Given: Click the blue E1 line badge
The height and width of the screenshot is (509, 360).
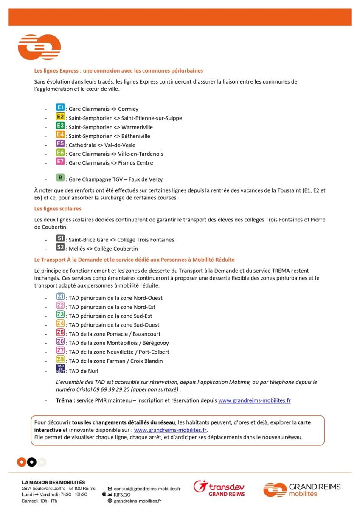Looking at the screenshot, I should [60, 108].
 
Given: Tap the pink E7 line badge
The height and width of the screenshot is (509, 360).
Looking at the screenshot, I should [60, 162].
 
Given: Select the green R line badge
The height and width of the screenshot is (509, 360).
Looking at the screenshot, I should [60, 178].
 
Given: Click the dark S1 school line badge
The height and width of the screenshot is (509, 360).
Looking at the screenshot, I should [60, 238].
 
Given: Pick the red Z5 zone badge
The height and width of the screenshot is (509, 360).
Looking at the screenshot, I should [60, 333].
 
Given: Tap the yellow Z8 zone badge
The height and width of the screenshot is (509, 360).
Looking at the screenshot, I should [60, 360].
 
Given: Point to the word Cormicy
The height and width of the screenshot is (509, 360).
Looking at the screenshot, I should [128, 109].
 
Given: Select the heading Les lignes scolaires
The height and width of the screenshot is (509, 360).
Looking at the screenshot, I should [58, 209].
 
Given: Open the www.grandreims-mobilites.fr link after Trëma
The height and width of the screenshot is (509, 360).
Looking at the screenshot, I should [254, 400].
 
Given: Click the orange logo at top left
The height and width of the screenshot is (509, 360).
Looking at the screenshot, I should [39, 47].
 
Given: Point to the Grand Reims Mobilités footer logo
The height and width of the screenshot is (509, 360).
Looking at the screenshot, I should [301, 489].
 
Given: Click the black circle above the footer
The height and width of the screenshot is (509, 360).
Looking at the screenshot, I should [31, 462].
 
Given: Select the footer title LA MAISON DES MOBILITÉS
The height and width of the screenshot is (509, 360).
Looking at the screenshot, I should [53, 482].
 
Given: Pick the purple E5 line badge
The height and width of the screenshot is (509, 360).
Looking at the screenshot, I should [60, 144].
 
